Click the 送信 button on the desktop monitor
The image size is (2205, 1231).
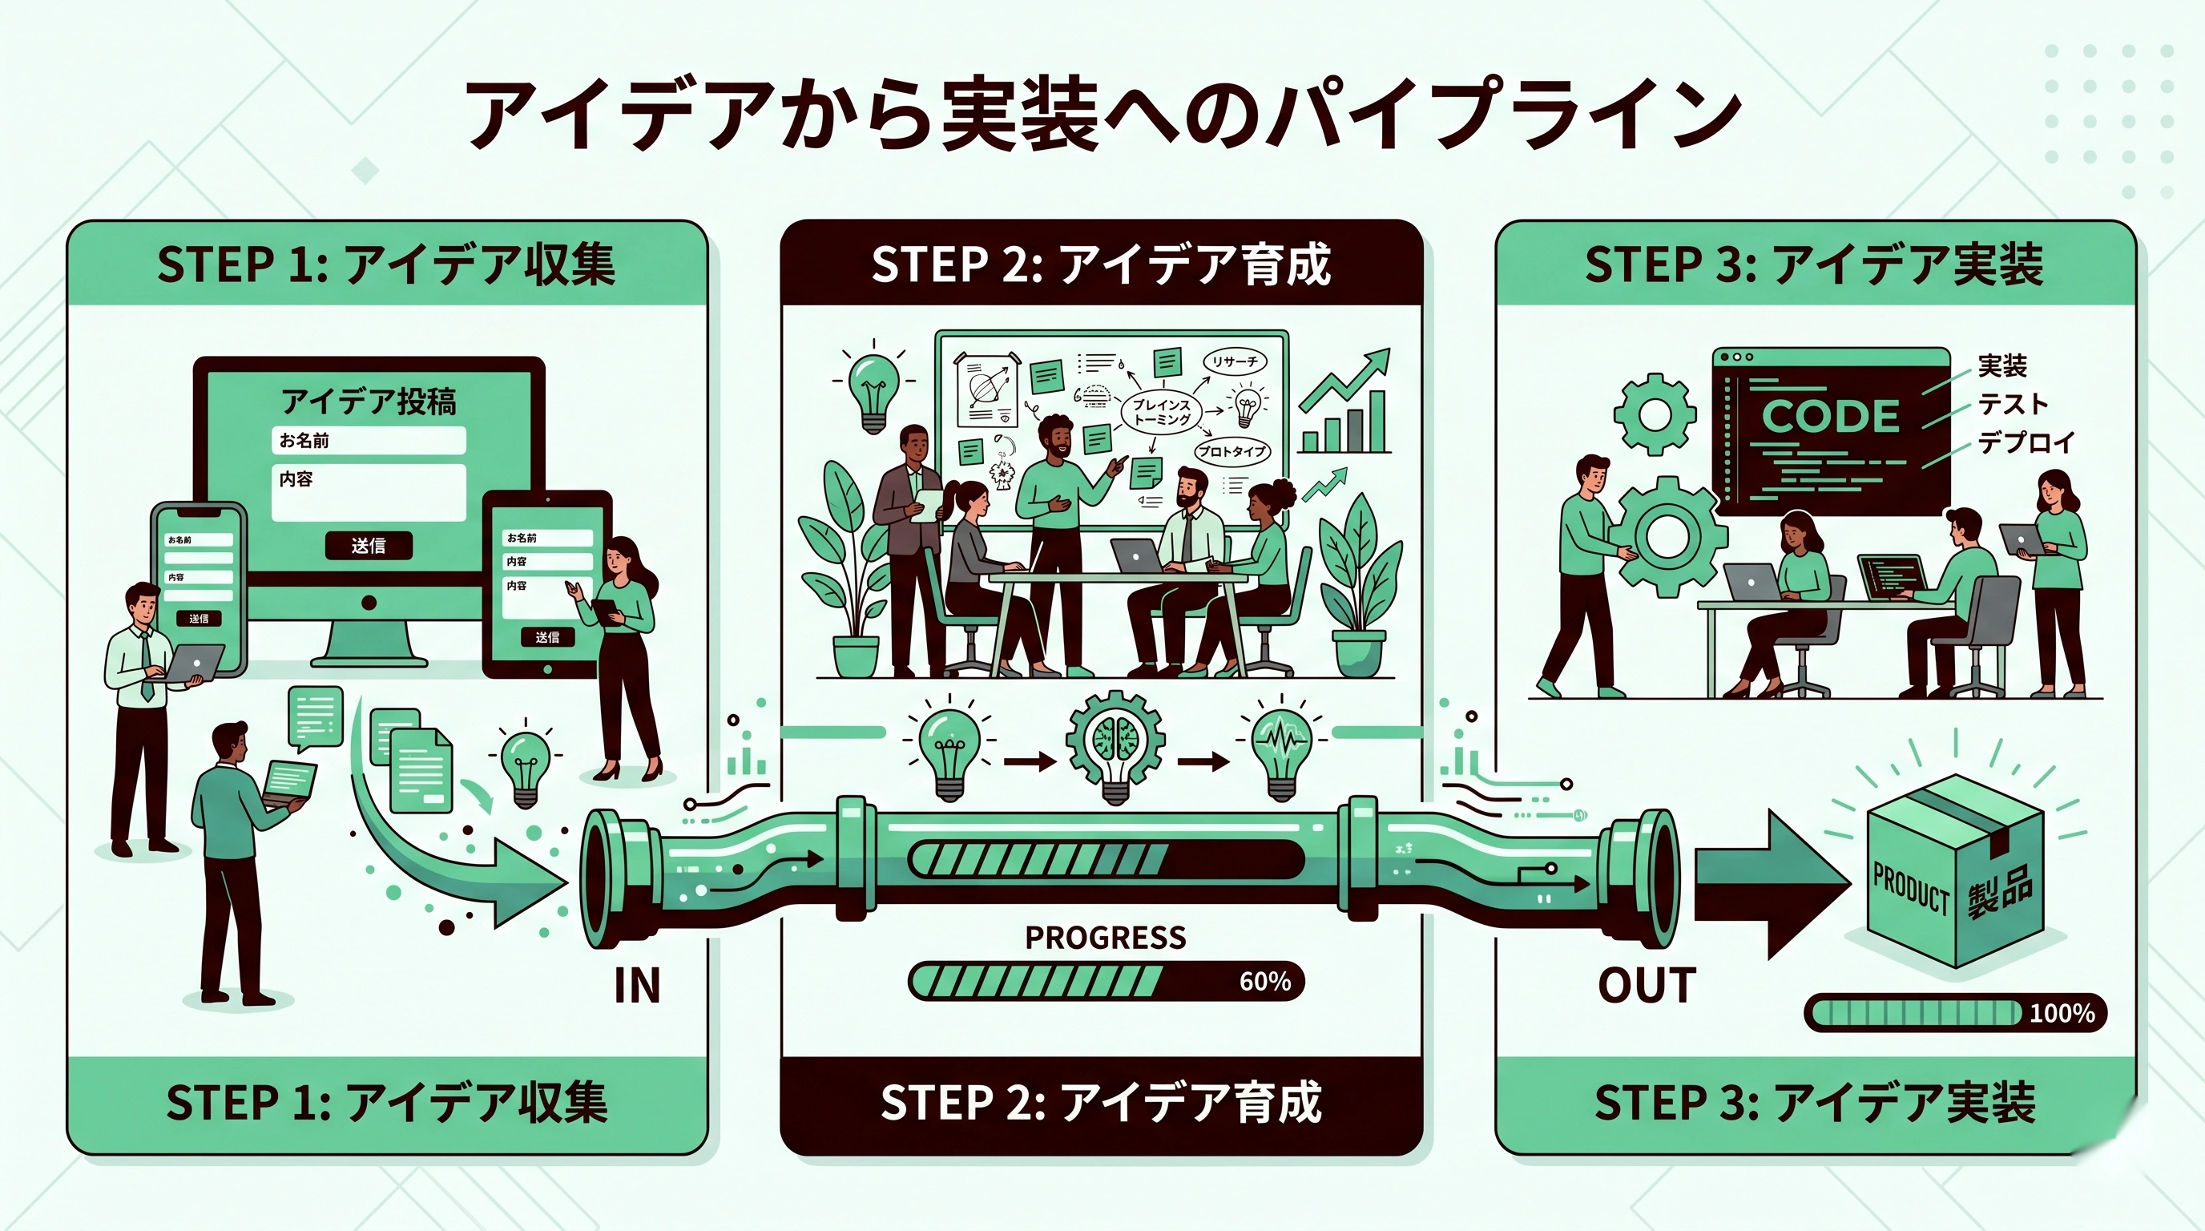point(368,545)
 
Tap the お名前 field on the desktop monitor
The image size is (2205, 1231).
point(368,440)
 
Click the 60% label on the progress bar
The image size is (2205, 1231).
point(1264,981)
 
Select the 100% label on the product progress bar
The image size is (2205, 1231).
point(2062,1014)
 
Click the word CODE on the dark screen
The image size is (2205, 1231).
point(1830,417)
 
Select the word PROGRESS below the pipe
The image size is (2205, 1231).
point(1105,938)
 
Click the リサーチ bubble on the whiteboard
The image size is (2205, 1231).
point(1235,362)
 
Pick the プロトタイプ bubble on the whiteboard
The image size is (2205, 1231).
point(1231,451)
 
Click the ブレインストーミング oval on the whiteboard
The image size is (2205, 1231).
point(1162,412)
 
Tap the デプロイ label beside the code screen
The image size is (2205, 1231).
point(2026,442)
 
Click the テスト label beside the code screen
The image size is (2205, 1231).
point(2013,404)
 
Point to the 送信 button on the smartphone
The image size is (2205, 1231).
point(199,618)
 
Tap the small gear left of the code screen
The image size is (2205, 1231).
point(1655,415)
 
